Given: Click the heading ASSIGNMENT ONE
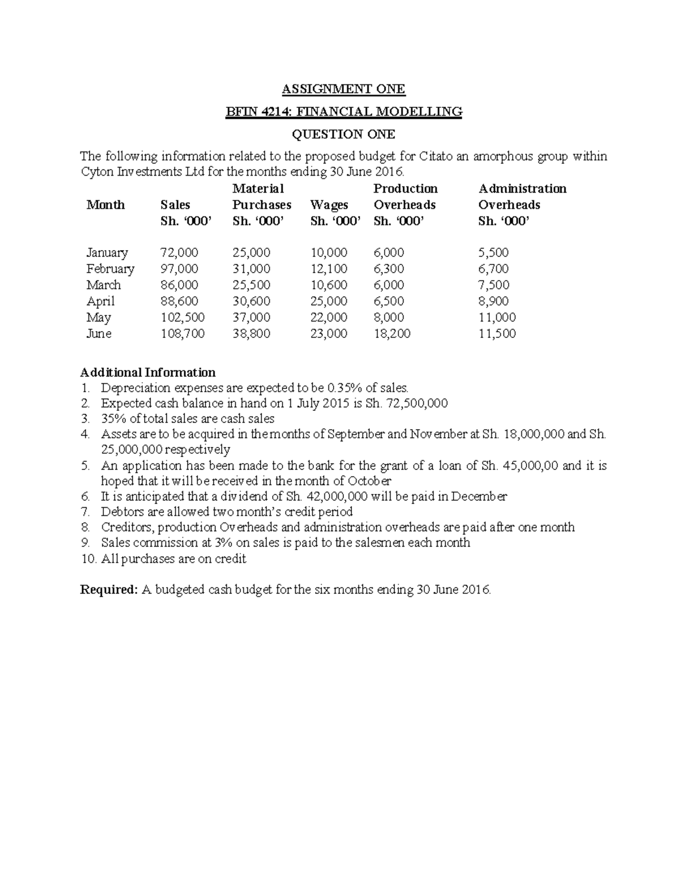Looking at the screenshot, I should click(343, 89).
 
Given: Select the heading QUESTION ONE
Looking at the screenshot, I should click(343, 134).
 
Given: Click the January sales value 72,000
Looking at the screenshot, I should click(179, 252).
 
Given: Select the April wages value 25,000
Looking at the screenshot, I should click(328, 301).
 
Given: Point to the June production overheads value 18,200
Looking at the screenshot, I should click(392, 333).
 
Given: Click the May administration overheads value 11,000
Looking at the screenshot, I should click(497, 317).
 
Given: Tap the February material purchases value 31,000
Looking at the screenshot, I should click(251, 269).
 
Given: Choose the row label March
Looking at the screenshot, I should click(103, 285).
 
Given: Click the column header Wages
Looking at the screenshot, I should click(329, 205).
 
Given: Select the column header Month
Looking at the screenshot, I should click(105, 205).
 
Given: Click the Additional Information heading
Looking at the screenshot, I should click(148, 372).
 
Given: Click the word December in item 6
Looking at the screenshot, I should click(479, 496).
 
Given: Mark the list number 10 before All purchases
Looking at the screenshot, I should click(88, 559).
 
